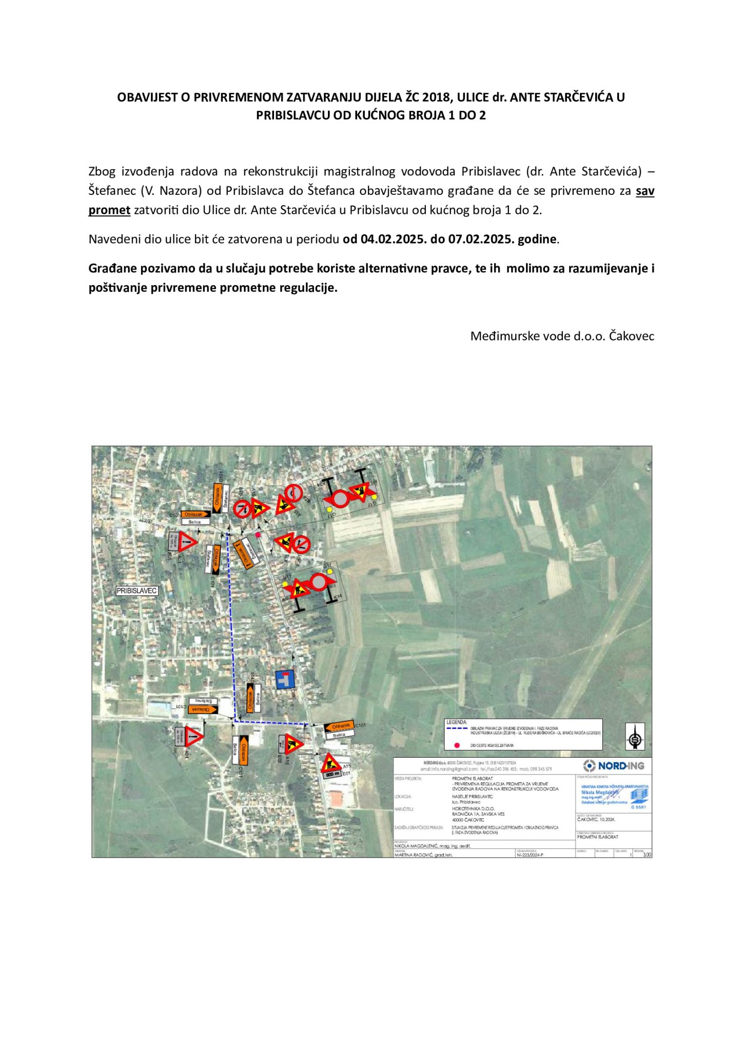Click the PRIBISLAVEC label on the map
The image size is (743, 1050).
coord(136,591)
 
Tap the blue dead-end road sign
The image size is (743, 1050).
coord(284,679)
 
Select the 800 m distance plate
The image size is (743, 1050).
coord(333,774)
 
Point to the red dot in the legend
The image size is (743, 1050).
coord(457,745)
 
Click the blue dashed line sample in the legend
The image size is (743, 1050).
coord(457,728)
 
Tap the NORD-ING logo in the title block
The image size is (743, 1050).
coord(613,766)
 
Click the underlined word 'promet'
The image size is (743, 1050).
coord(109,210)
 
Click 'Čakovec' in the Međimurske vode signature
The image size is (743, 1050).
coord(632,336)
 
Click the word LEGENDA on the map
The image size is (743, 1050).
coord(456,722)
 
